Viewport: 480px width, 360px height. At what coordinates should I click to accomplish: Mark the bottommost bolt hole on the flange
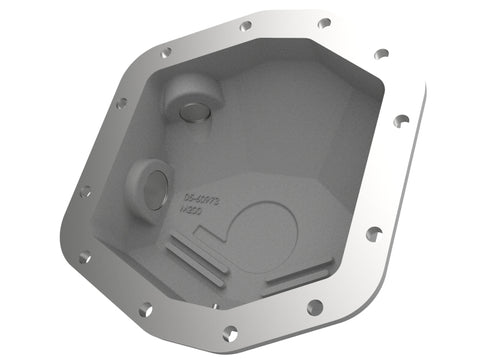pyautogui.click(x=231, y=332)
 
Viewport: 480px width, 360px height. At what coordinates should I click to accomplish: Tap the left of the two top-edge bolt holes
pyautogui.click(x=246, y=26)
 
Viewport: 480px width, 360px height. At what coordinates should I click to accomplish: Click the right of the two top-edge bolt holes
pyautogui.click(x=323, y=23)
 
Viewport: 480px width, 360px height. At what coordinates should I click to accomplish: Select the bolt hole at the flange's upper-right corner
pyautogui.click(x=380, y=54)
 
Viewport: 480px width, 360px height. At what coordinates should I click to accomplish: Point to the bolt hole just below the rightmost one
pyautogui.click(x=373, y=234)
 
